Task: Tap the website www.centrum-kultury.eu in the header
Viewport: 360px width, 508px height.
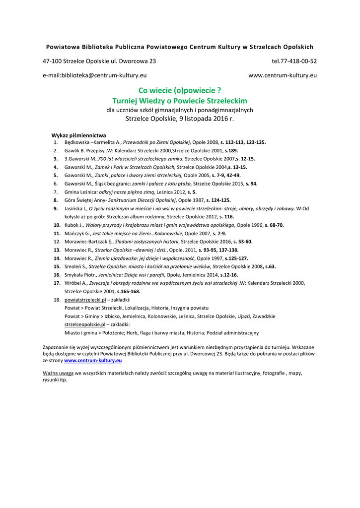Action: tap(282, 75)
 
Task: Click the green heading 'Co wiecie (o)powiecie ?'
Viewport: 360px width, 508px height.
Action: tap(179, 90)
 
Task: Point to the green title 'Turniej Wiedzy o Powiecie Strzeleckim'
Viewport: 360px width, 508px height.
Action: tap(179, 101)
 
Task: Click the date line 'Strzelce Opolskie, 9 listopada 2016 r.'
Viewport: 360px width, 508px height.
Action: tap(179, 119)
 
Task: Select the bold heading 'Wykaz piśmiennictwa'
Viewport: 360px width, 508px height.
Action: tap(78, 135)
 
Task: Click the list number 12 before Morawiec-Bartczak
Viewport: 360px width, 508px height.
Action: tap(57, 242)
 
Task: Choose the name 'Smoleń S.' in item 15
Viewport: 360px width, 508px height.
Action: tap(75, 266)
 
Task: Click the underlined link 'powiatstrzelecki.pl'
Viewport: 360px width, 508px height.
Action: tap(85, 300)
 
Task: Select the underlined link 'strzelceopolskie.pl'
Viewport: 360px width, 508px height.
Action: tap(85, 324)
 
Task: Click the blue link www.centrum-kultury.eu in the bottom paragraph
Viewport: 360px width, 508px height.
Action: tap(93, 361)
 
